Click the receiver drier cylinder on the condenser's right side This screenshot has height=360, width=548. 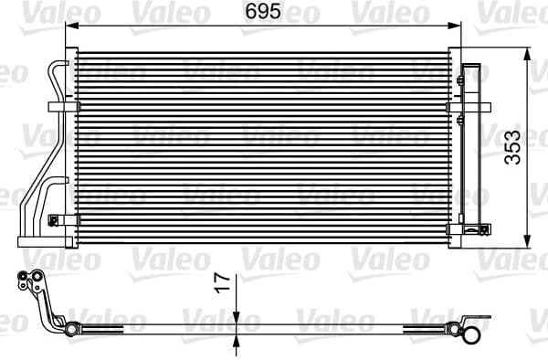pyautogui.click(x=473, y=146)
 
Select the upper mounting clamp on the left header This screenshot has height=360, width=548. pyautogui.click(x=68, y=108)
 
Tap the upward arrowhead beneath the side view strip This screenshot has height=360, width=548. pyautogui.click(x=236, y=340)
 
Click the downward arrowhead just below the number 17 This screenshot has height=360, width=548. pyautogui.click(x=236, y=315)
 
